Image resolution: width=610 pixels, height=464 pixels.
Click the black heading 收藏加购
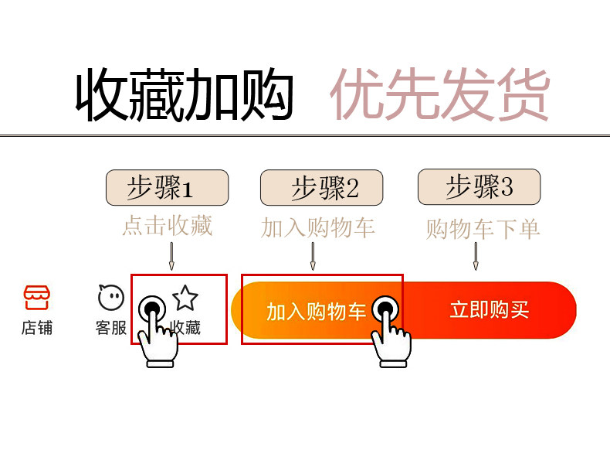[184, 94]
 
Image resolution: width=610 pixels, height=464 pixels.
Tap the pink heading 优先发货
[440, 94]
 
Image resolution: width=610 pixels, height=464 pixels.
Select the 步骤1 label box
[168, 187]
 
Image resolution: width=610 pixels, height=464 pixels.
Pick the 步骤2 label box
[322, 187]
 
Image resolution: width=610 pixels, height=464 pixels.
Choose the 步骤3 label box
[480, 186]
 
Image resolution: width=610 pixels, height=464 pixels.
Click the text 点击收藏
[168, 225]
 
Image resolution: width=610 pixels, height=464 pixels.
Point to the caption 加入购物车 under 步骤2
[318, 227]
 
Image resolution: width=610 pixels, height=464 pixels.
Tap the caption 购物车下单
[483, 229]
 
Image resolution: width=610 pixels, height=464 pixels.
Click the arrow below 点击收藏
[171, 256]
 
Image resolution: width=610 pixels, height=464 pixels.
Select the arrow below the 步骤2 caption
[313, 256]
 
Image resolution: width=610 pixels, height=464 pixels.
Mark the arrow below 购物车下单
[476, 256]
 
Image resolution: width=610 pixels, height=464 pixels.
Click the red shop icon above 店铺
[37, 297]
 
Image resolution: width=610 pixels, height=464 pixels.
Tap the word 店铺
[37, 328]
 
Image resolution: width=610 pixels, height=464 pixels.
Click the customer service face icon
[111, 297]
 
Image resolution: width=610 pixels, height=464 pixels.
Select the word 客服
[111, 328]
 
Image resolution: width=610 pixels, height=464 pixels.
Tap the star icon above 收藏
[185, 298]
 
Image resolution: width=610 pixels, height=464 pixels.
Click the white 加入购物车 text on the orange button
[316, 312]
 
